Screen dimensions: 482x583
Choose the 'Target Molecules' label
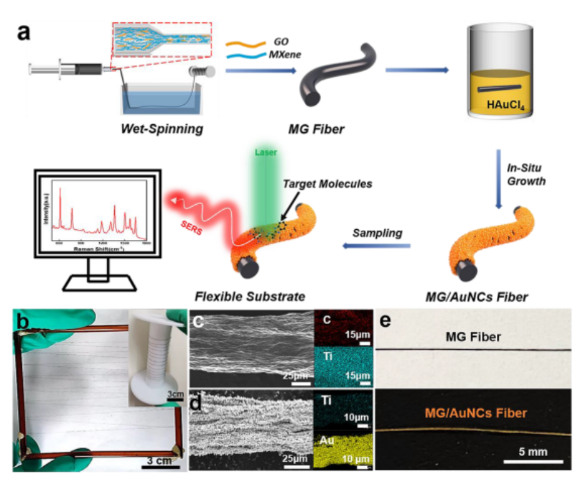[x=337, y=183]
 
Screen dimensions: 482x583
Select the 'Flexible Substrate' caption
[x=249, y=295]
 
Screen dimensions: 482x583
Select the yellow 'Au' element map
[x=342, y=440]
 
